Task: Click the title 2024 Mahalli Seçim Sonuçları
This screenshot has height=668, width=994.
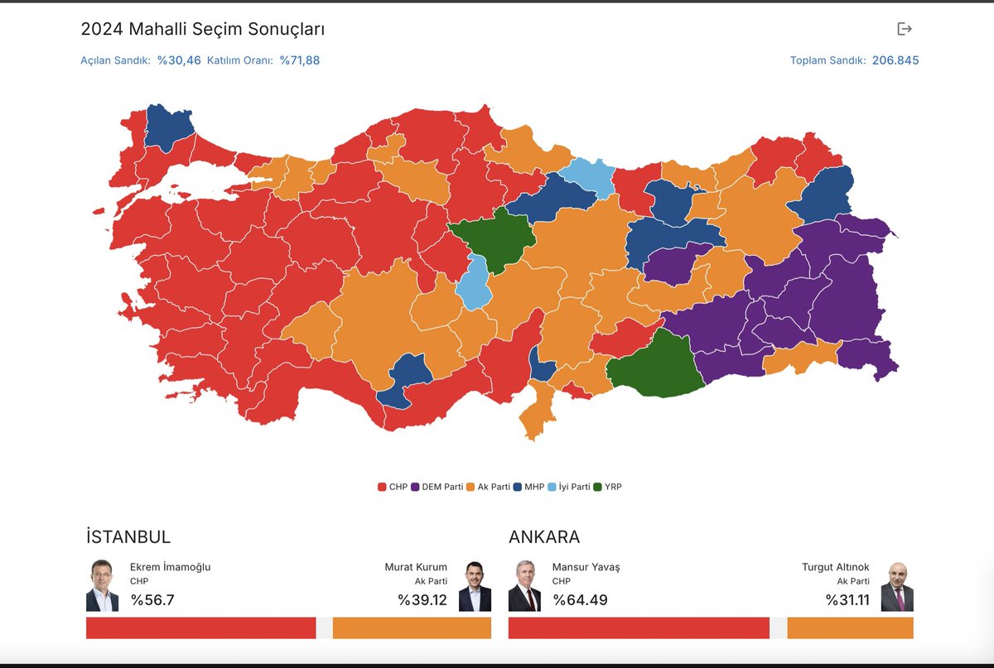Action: pyautogui.click(x=202, y=29)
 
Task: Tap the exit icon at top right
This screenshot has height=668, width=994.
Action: pyautogui.click(x=905, y=29)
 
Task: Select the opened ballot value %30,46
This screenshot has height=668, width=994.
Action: pyautogui.click(x=179, y=60)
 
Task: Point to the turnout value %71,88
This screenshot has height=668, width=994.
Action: pyautogui.click(x=299, y=60)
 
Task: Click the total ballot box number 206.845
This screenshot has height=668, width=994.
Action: pyautogui.click(x=895, y=60)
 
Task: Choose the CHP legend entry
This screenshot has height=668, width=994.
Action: pyautogui.click(x=393, y=487)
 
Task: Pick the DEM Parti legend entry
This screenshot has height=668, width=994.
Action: pyautogui.click(x=437, y=487)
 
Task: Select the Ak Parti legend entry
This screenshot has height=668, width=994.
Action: pyautogui.click(x=488, y=487)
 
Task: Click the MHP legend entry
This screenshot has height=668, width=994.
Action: pyautogui.click(x=528, y=487)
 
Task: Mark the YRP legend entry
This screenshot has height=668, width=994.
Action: pyautogui.click(x=607, y=487)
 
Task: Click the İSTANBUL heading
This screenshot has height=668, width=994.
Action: pyautogui.click(x=128, y=536)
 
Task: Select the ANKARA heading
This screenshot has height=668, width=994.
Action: pyautogui.click(x=544, y=536)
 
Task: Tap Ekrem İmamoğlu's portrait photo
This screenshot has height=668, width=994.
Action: pyautogui.click(x=102, y=586)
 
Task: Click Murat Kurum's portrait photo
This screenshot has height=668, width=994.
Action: pyautogui.click(x=475, y=586)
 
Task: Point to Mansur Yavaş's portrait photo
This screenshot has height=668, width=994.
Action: pyautogui.click(x=524, y=586)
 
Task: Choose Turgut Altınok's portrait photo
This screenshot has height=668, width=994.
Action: pyautogui.click(x=896, y=586)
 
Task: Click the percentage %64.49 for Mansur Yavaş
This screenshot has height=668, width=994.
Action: pyautogui.click(x=580, y=600)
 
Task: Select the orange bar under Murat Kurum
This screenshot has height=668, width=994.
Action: pyautogui.click(x=412, y=627)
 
